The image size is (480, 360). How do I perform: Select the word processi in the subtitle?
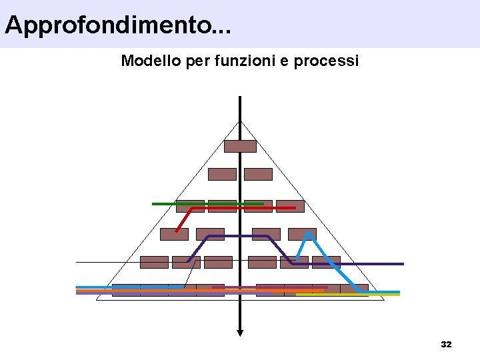coord(327,61)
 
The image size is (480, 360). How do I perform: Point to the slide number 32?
coord(446,345)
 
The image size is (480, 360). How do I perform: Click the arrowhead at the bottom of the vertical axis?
coord(240,333)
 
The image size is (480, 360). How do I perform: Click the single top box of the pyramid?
coord(240,146)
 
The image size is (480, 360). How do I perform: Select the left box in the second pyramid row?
coord(222,174)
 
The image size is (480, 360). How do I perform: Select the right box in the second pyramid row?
coord(258,174)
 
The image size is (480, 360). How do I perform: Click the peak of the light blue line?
coord(309,233)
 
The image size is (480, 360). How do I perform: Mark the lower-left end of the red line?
coord(177,231)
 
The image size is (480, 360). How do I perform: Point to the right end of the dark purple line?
coord(403,264)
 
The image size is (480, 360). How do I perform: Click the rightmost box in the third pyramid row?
coord(290,206)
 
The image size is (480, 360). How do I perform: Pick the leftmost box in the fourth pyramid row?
coord(174,234)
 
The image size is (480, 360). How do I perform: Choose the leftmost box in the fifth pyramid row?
coord(154,262)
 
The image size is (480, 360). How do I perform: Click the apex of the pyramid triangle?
coord(240,121)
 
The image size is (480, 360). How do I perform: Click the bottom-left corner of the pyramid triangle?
coord(97,300)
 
